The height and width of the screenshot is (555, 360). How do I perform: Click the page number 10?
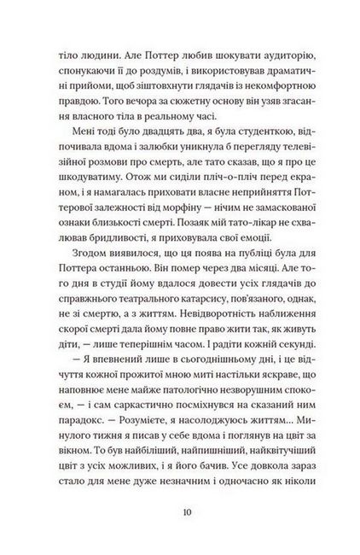180,512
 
